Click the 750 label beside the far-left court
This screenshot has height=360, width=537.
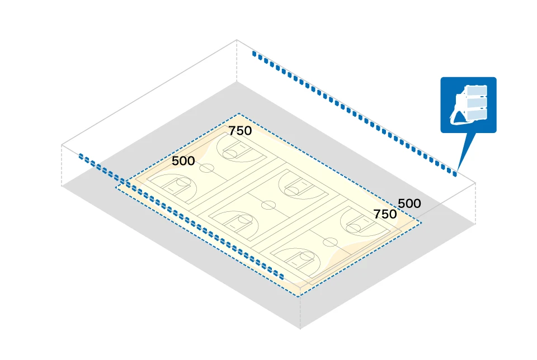point(241,131)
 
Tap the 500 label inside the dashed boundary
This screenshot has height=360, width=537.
point(183,161)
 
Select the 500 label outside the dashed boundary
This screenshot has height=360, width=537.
point(409,203)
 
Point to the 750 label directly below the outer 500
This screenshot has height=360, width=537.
point(385,214)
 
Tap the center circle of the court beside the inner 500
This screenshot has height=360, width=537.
point(207,167)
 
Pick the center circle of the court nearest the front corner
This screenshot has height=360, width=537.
point(331,241)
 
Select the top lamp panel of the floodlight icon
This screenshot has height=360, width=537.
point(477,91)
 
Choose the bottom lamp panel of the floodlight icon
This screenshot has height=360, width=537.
point(475,114)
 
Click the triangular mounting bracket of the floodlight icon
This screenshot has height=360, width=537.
point(460,115)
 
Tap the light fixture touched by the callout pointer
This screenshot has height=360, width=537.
point(454,174)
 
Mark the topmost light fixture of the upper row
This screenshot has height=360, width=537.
point(254,54)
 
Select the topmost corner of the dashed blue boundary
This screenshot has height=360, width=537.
point(241,114)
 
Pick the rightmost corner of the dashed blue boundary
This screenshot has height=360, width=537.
point(422,222)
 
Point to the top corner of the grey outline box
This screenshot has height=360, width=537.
point(237,40)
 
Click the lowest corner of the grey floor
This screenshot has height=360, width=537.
point(300,329)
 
